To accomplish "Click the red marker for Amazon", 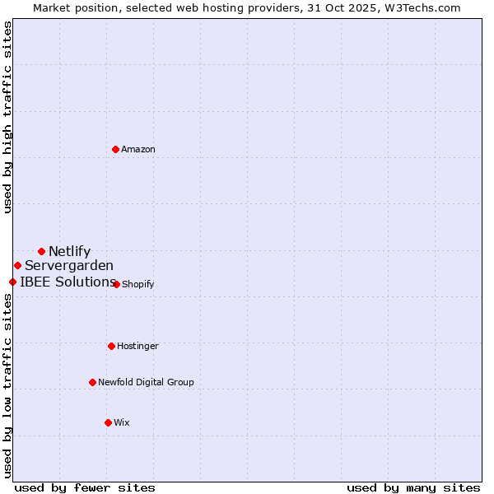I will [116, 149].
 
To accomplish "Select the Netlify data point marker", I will [41, 251].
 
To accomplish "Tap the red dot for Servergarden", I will [17, 265].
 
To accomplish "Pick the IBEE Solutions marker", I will [12, 282].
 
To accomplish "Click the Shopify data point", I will [117, 284].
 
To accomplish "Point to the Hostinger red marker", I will [111, 346].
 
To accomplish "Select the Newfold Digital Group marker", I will [92, 382].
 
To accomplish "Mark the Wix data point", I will [108, 422].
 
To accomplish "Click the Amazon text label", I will [138, 149].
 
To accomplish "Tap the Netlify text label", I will [69, 251].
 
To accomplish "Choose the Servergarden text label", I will [69, 265].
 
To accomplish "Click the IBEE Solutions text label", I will [68, 282].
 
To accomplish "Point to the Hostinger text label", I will [137, 346].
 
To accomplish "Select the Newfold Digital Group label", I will [146, 382].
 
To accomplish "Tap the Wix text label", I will [122, 422].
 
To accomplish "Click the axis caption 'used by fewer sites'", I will [85, 487].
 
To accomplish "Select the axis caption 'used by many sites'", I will [413, 487].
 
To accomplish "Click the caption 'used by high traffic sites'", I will [7, 116].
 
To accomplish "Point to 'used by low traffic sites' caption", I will [7, 385].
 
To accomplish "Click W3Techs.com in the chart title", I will [424, 7].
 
